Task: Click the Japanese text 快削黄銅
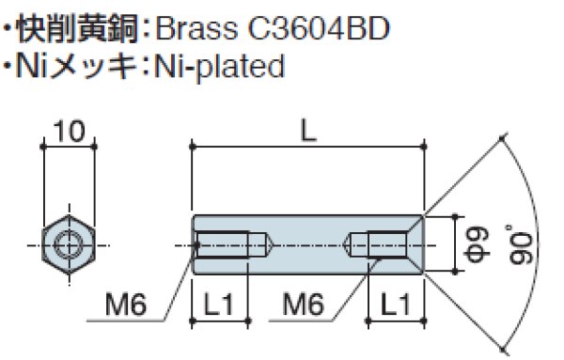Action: (x=81, y=29)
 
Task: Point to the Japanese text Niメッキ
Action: (x=81, y=66)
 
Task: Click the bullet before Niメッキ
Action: (x=8, y=66)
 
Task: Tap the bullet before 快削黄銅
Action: (x=8, y=29)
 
